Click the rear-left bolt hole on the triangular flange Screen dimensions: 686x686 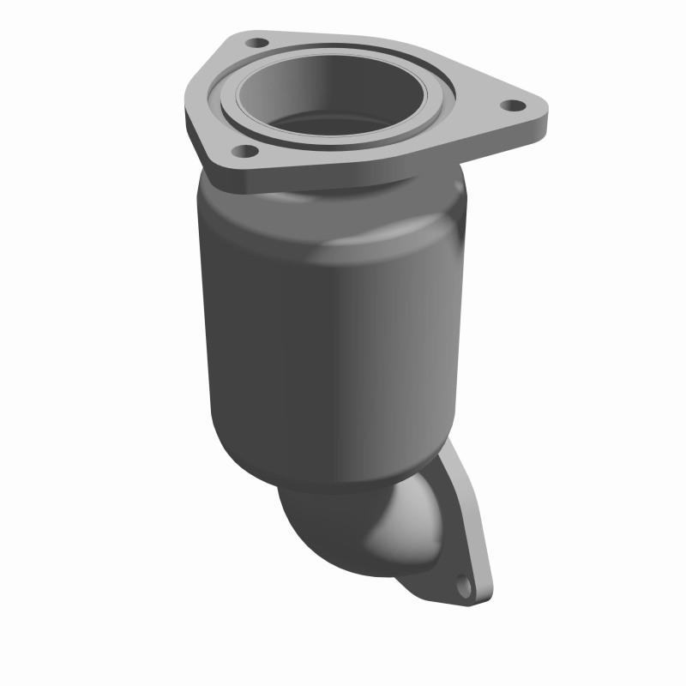(254, 40)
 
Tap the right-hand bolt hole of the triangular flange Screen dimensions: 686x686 (512, 105)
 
